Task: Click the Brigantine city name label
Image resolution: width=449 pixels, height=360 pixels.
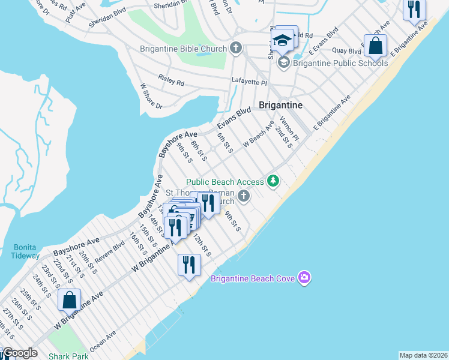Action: (280, 105)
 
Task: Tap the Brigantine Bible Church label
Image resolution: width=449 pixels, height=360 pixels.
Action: (183, 49)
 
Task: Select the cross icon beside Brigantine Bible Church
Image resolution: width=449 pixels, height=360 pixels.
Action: (236, 49)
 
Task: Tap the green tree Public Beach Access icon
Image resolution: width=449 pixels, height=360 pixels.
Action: (274, 181)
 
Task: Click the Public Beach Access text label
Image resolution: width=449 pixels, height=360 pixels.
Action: (225, 182)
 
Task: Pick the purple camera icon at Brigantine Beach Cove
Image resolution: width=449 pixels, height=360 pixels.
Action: (304, 277)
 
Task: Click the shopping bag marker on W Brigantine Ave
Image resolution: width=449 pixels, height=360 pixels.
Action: (70, 299)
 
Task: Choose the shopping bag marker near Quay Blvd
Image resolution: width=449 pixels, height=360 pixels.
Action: (375, 45)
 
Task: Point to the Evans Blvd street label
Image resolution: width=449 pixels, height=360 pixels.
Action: (234, 118)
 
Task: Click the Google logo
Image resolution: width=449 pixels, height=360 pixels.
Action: (20, 353)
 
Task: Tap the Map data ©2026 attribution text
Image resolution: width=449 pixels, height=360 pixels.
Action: (423, 355)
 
